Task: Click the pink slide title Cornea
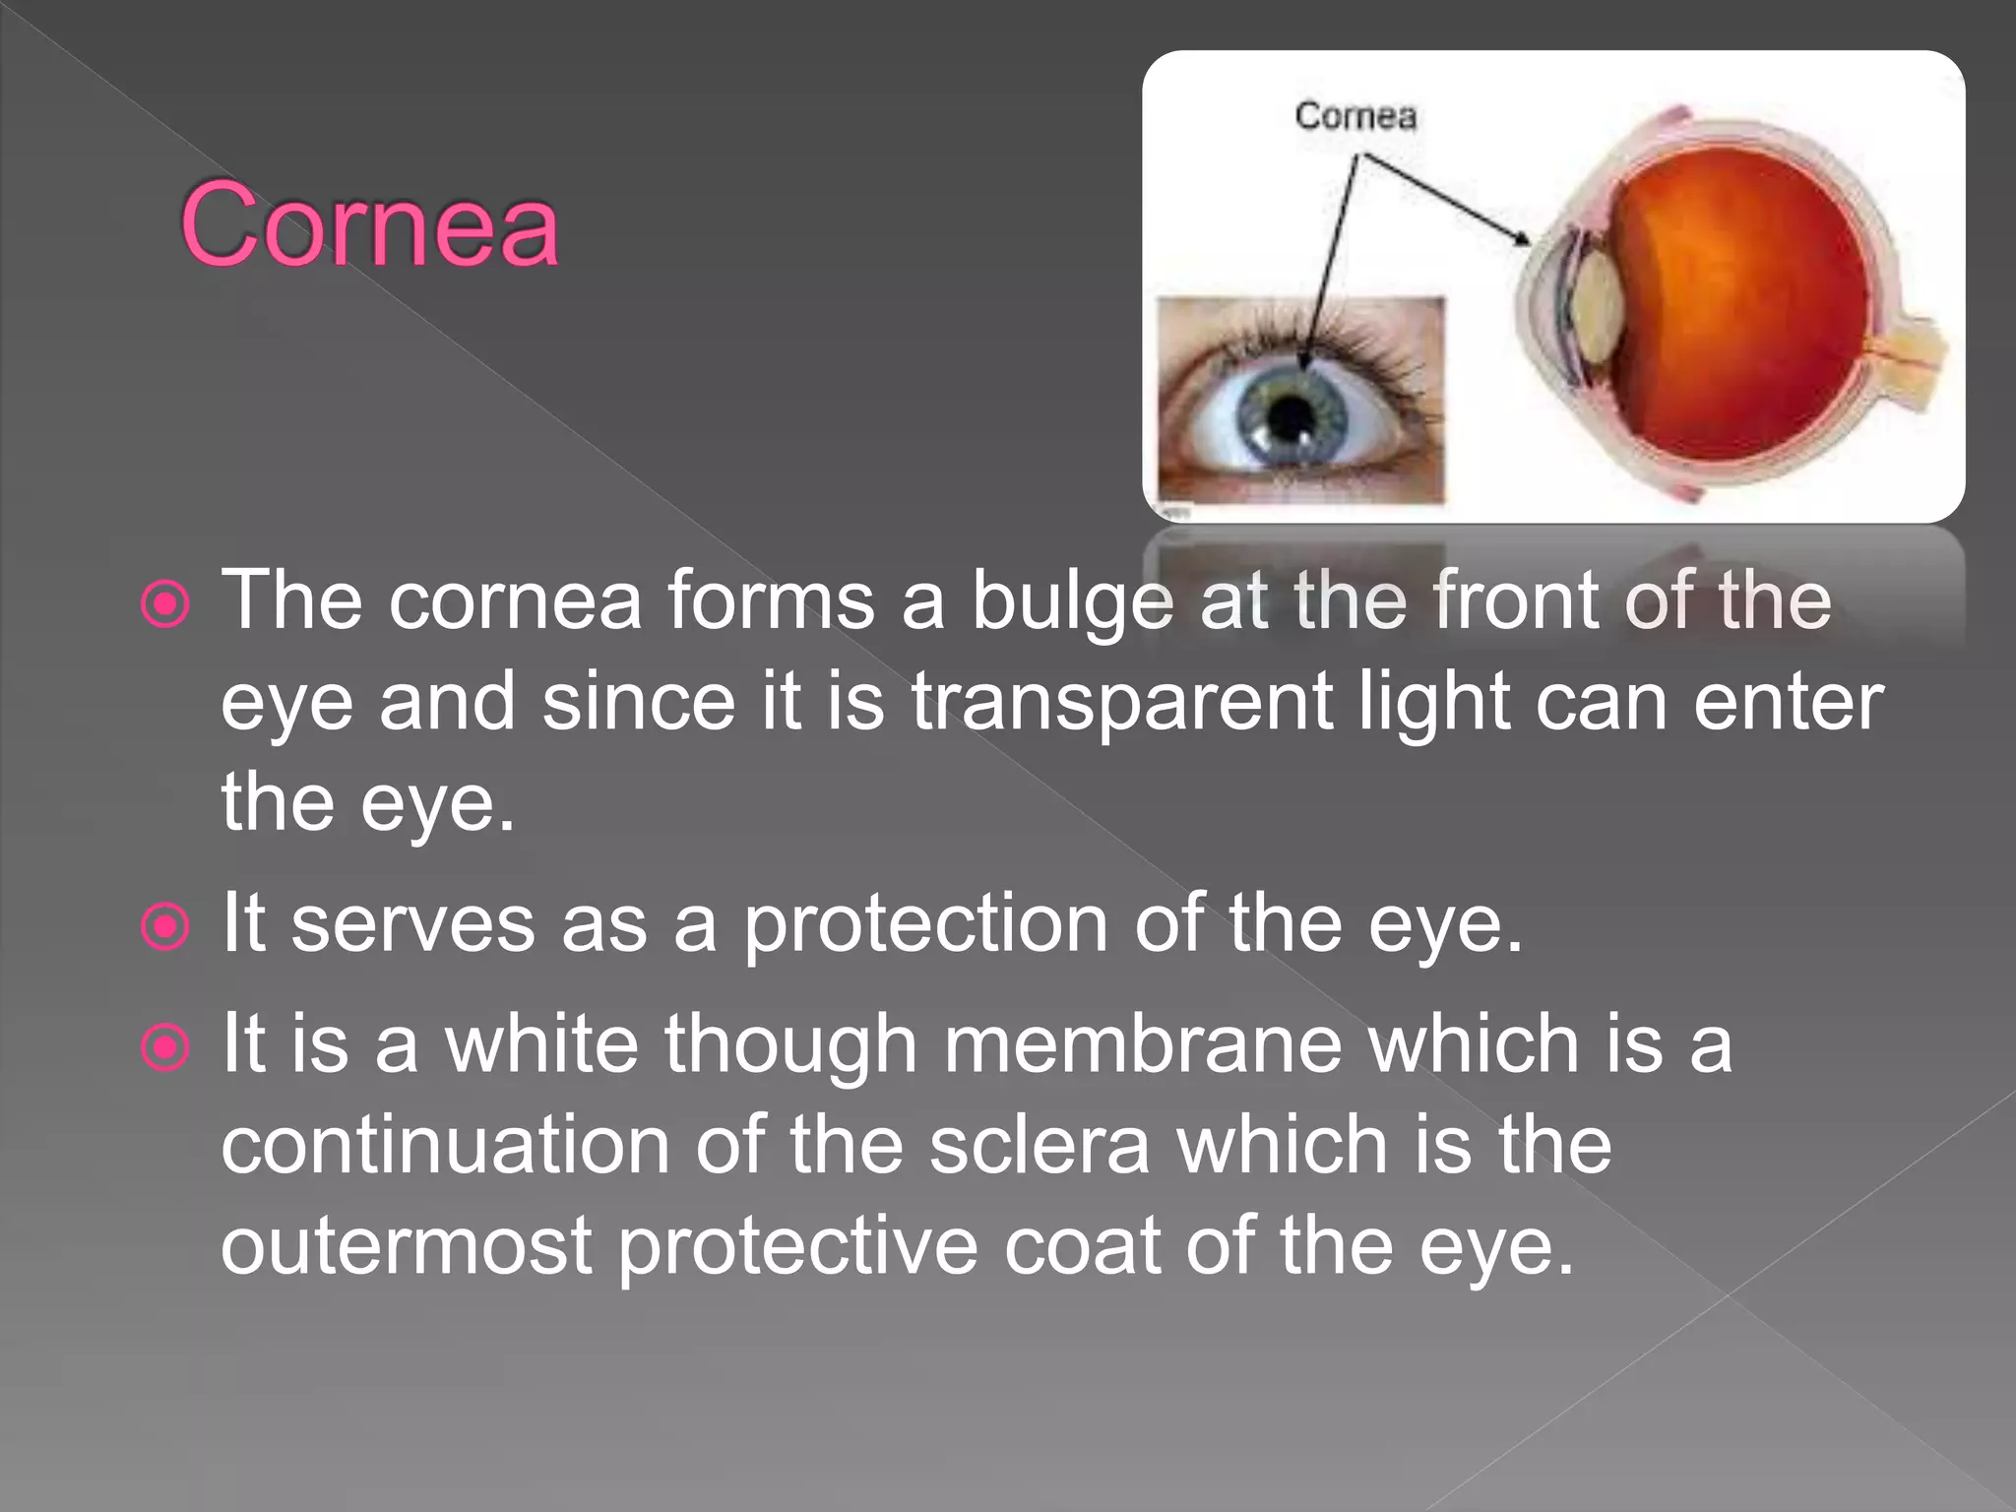(369, 226)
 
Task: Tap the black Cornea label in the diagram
(1355, 116)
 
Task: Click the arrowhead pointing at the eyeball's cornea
(1522, 238)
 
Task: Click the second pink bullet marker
(165, 926)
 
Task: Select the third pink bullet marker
(165, 1047)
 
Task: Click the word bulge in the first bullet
(1072, 602)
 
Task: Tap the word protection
(925, 925)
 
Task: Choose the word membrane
(1143, 1045)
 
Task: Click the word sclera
(1039, 1146)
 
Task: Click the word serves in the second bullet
(413, 925)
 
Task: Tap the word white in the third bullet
(542, 1045)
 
